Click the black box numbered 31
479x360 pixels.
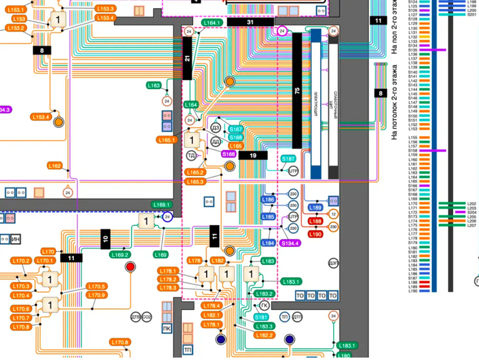(250, 23)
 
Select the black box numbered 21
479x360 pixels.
(187, 59)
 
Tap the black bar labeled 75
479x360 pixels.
(297, 90)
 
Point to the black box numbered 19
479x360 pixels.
(253, 155)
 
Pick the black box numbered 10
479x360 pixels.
(105, 239)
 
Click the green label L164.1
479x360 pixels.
(213, 23)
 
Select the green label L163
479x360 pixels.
(154, 86)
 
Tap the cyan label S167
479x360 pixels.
(235, 129)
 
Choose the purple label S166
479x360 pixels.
(229, 155)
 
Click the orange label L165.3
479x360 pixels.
(195, 181)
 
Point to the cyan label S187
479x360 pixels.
(289, 159)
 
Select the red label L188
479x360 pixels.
(315, 221)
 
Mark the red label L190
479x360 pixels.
(315, 234)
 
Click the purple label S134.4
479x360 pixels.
(290, 243)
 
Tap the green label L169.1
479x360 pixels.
(161, 205)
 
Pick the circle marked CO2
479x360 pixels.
(146, 317)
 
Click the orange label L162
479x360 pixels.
(55, 166)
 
